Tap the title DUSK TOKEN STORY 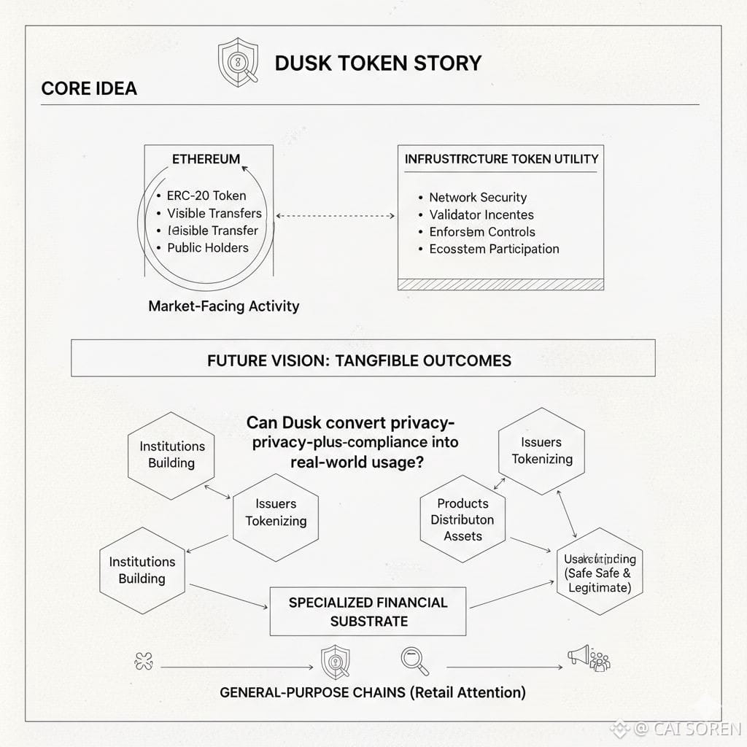click(378, 63)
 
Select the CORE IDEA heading click(89, 89)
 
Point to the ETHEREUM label click(206, 159)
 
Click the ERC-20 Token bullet click(206, 196)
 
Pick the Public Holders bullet click(207, 247)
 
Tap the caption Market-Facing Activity click(224, 306)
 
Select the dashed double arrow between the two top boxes click(336, 216)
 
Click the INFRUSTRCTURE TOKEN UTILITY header click(501, 159)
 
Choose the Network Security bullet click(477, 197)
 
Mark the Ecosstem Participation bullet click(494, 249)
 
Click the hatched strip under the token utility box click(500, 284)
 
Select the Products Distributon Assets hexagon click(462, 519)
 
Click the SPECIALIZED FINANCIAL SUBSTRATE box click(368, 611)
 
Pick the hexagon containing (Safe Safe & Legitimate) click(600, 573)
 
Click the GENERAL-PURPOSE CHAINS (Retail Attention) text click(372, 692)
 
